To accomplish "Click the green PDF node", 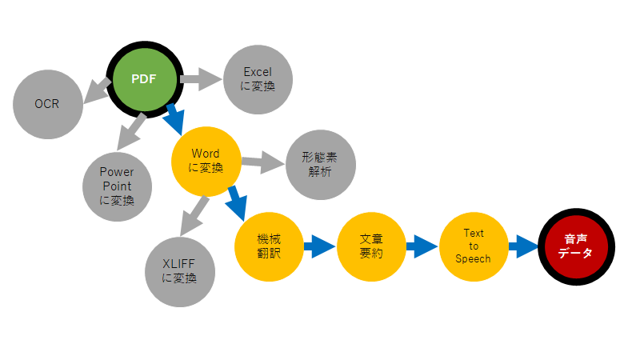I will tap(145, 78).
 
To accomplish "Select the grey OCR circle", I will tap(47, 104).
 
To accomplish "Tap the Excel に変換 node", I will tap(258, 79).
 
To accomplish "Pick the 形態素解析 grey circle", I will tap(320, 165).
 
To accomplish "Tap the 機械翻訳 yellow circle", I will tap(269, 246).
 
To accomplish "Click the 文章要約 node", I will tap(371, 246).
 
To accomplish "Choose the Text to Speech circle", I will tap(474, 246).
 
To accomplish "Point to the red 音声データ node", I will tap(576, 246).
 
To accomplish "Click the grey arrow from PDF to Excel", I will tap(201, 78).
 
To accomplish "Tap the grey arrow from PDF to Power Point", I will tap(130, 129).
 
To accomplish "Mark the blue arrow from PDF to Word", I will tap(173, 118).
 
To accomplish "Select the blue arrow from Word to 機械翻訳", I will tap(236, 202).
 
